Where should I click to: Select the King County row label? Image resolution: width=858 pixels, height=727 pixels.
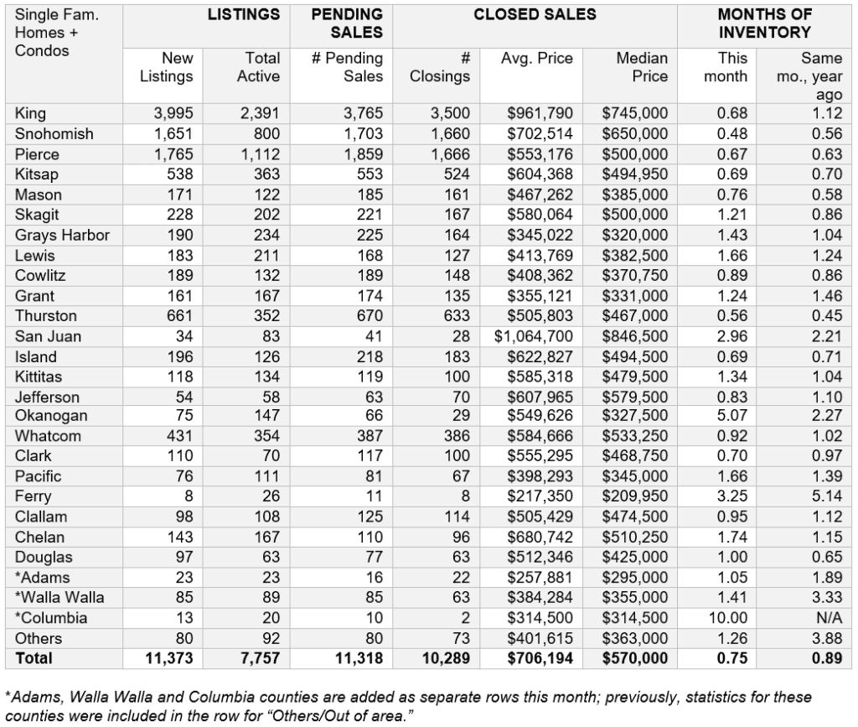coord(31,113)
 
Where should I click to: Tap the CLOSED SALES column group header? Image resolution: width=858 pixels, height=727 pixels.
coord(535,14)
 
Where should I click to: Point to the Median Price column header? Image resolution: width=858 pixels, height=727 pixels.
coord(642,67)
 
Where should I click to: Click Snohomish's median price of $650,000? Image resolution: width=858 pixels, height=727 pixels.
coord(635,134)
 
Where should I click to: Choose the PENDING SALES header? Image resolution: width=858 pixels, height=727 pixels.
coord(347,23)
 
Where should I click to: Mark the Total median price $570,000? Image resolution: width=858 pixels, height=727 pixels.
coord(635,659)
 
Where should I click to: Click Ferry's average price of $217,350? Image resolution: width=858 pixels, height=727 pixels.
coord(540,496)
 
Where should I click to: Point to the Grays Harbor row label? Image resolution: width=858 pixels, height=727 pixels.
coord(62,235)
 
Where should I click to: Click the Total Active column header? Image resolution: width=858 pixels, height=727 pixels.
coord(258,67)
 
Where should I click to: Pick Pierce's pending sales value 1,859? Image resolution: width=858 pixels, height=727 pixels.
coord(362,154)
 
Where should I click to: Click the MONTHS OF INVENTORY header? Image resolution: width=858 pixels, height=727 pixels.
coord(764,23)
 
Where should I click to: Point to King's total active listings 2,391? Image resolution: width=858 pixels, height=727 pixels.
coord(258,113)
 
